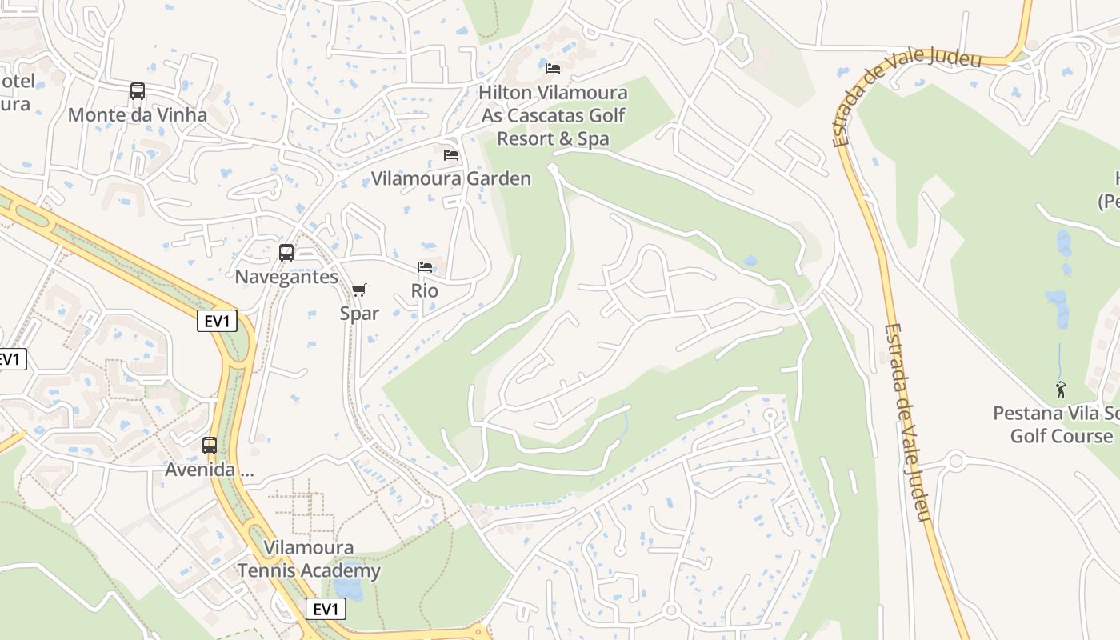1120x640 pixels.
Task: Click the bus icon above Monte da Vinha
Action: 138,91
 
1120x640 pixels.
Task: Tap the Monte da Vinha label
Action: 137,115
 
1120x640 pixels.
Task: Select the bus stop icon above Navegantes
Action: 286,253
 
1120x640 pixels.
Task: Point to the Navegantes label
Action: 286,277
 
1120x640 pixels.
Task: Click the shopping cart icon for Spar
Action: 359,290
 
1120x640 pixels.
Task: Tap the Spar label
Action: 359,314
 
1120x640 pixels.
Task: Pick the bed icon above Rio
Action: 425,267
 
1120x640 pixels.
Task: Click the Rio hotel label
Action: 425,291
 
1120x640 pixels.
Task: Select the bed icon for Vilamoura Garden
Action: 451,154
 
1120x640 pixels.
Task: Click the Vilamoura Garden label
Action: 451,178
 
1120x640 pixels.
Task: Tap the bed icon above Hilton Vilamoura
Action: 553,69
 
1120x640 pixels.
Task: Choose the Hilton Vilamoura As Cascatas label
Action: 553,115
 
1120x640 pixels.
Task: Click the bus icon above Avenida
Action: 210,446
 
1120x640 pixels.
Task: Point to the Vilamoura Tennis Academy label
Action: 309,560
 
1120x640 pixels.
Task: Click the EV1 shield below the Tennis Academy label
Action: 326,610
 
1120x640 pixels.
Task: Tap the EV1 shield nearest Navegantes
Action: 218,322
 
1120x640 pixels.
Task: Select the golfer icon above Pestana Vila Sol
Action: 1061,390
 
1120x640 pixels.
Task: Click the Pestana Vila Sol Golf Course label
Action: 1056,425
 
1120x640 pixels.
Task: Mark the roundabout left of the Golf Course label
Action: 955,462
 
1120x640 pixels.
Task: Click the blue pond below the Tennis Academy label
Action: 348,590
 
